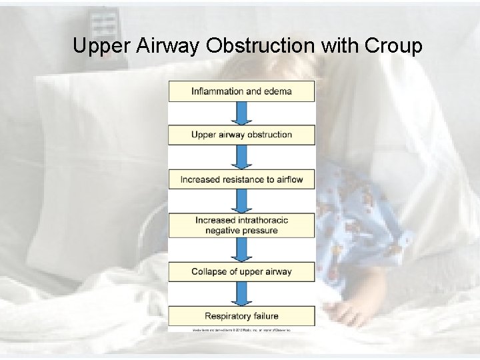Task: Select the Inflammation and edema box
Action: [x=241, y=91]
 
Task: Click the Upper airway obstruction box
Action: [x=241, y=135]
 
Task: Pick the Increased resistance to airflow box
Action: [x=241, y=179]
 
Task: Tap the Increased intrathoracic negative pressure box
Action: [x=241, y=225]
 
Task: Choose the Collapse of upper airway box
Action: [x=241, y=271]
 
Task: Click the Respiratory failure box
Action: [x=241, y=316]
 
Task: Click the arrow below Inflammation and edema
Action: [x=241, y=113]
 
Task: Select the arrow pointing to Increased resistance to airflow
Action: [x=241, y=157]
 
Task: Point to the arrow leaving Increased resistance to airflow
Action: [x=241, y=201]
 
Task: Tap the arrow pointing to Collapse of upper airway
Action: [x=241, y=249]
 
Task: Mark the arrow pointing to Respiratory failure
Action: [x=241, y=294]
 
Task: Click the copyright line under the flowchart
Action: [x=241, y=330]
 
